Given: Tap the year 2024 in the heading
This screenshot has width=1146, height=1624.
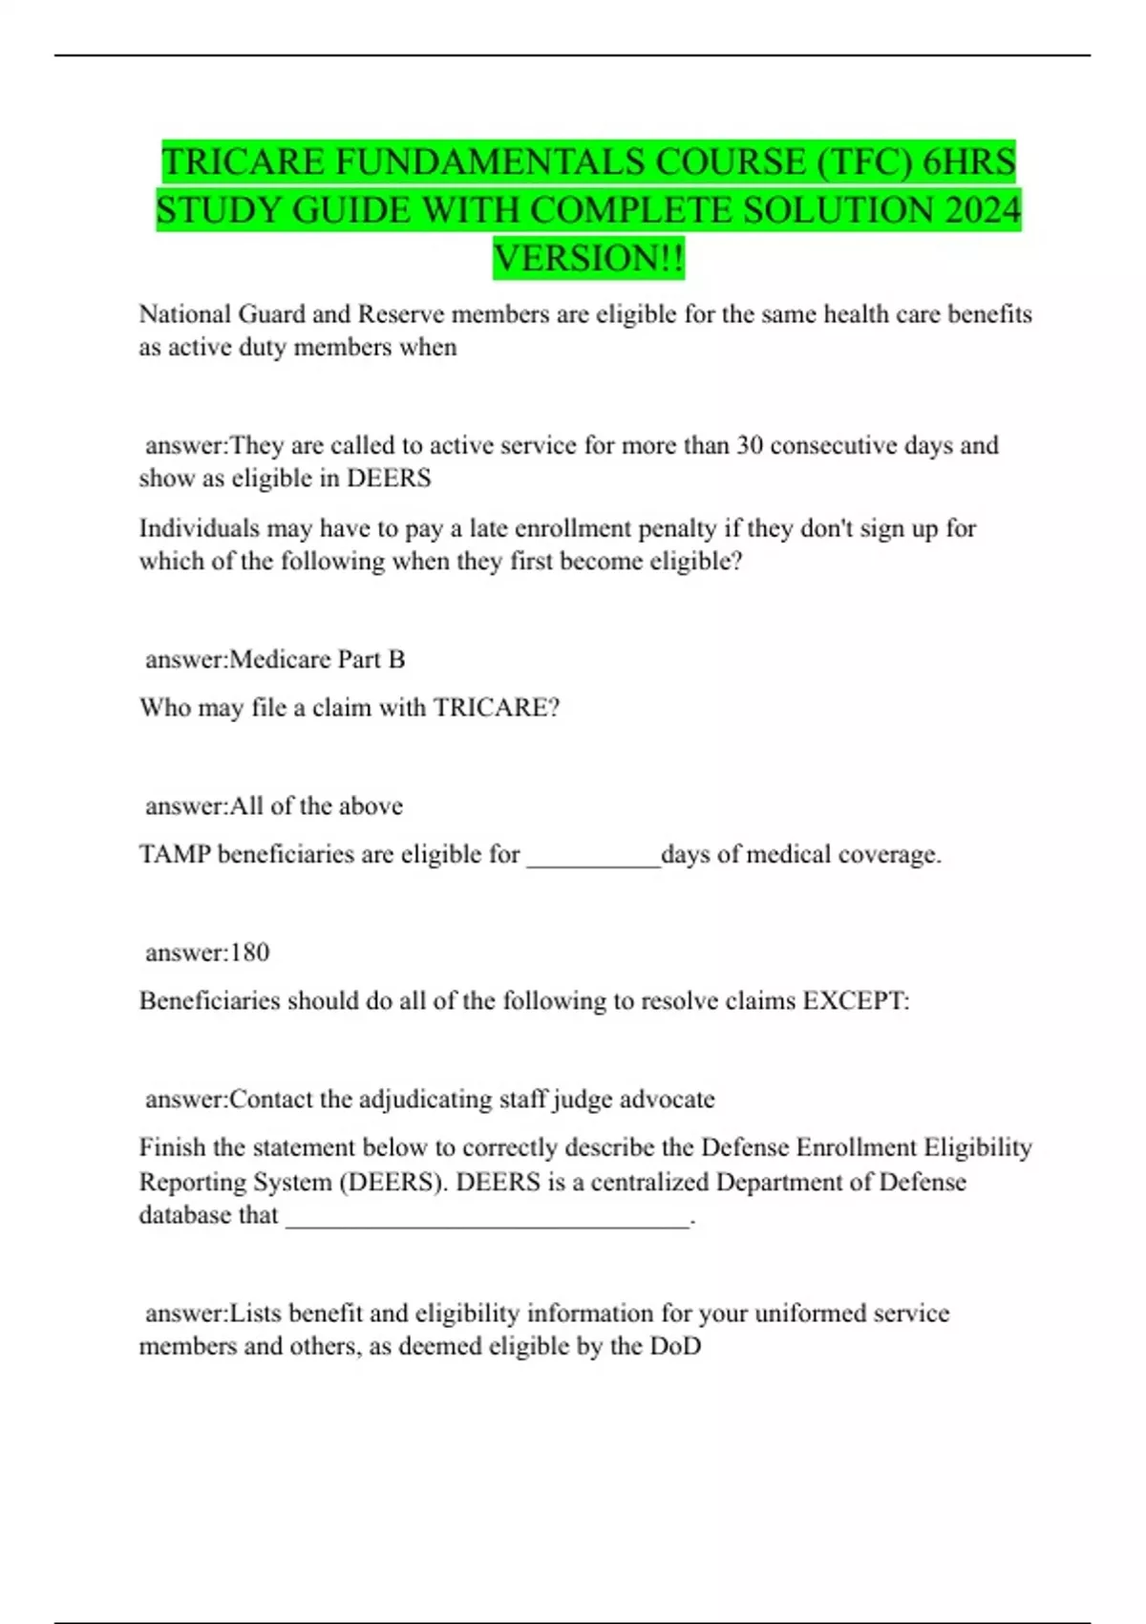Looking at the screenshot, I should pos(984,210).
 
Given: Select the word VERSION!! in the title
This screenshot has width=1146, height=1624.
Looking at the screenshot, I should pos(588,258).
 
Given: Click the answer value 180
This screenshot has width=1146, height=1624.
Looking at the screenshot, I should pos(250,952).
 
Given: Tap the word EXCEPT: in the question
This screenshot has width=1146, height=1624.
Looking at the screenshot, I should pos(856,1001).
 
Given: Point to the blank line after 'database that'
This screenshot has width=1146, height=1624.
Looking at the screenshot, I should pos(487,1220).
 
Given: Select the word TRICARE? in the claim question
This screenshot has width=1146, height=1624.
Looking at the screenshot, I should pos(497,708).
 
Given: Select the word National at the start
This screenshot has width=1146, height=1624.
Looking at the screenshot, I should pos(185,314).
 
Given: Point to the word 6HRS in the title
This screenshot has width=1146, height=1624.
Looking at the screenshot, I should pos(968,161).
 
